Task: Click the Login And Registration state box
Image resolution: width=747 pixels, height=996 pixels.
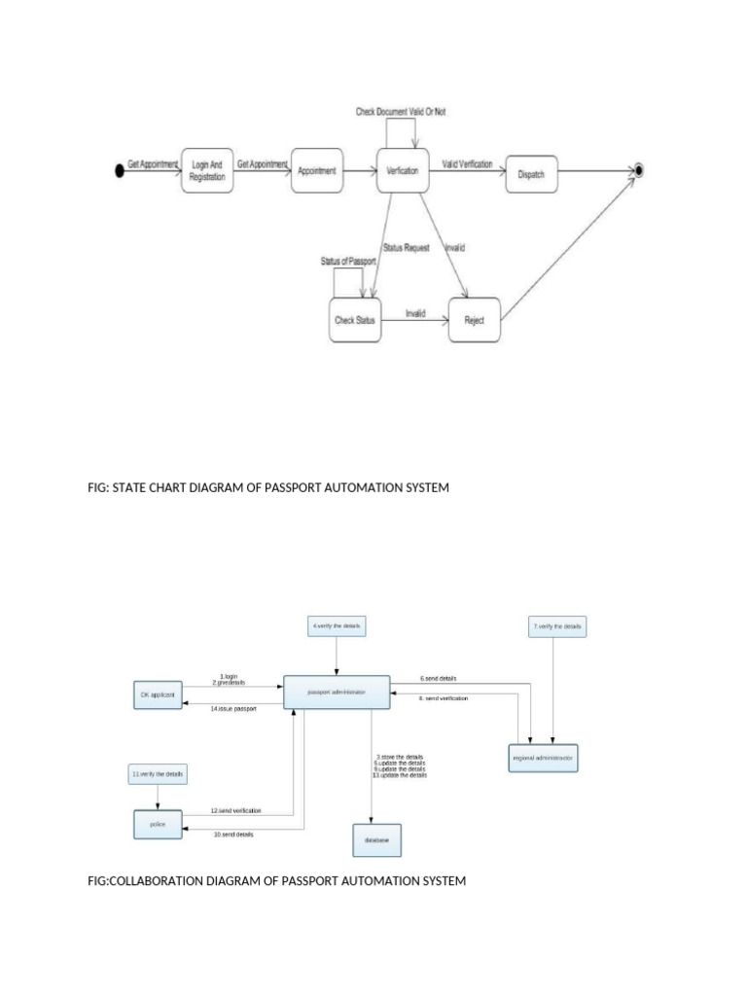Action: pyautogui.click(x=207, y=172)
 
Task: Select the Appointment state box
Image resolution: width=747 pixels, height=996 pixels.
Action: pyautogui.click(x=317, y=172)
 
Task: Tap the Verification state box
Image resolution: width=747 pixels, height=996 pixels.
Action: pyautogui.click(x=403, y=171)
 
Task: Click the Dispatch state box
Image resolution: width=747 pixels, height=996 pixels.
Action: pyautogui.click(x=531, y=174)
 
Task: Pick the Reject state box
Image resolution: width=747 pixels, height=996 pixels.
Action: pyautogui.click(x=474, y=319)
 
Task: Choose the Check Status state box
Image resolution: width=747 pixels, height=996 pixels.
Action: pyautogui.click(x=355, y=320)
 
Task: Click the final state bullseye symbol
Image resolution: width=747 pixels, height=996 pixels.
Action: pyautogui.click(x=639, y=171)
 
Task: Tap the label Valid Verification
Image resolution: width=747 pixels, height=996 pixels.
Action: pyautogui.click(x=467, y=164)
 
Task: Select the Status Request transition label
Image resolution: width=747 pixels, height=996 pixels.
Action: pyautogui.click(x=407, y=248)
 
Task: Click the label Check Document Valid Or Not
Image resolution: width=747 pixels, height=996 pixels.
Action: pyautogui.click(x=401, y=112)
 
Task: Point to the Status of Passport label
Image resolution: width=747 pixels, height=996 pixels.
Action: pyautogui.click(x=349, y=262)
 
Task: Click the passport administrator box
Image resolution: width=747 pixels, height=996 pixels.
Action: pyautogui.click(x=337, y=692)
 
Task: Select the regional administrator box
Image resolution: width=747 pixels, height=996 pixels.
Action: pyautogui.click(x=543, y=757)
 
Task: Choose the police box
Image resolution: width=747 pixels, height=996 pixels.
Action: pyautogui.click(x=158, y=824)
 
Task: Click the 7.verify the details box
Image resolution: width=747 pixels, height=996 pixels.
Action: pyautogui.click(x=557, y=626)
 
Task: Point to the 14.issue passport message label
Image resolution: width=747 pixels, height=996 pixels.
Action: pyautogui.click(x=232, y=709)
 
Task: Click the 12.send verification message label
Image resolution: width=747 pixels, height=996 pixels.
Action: pyautogui.click(x=236, y=810)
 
